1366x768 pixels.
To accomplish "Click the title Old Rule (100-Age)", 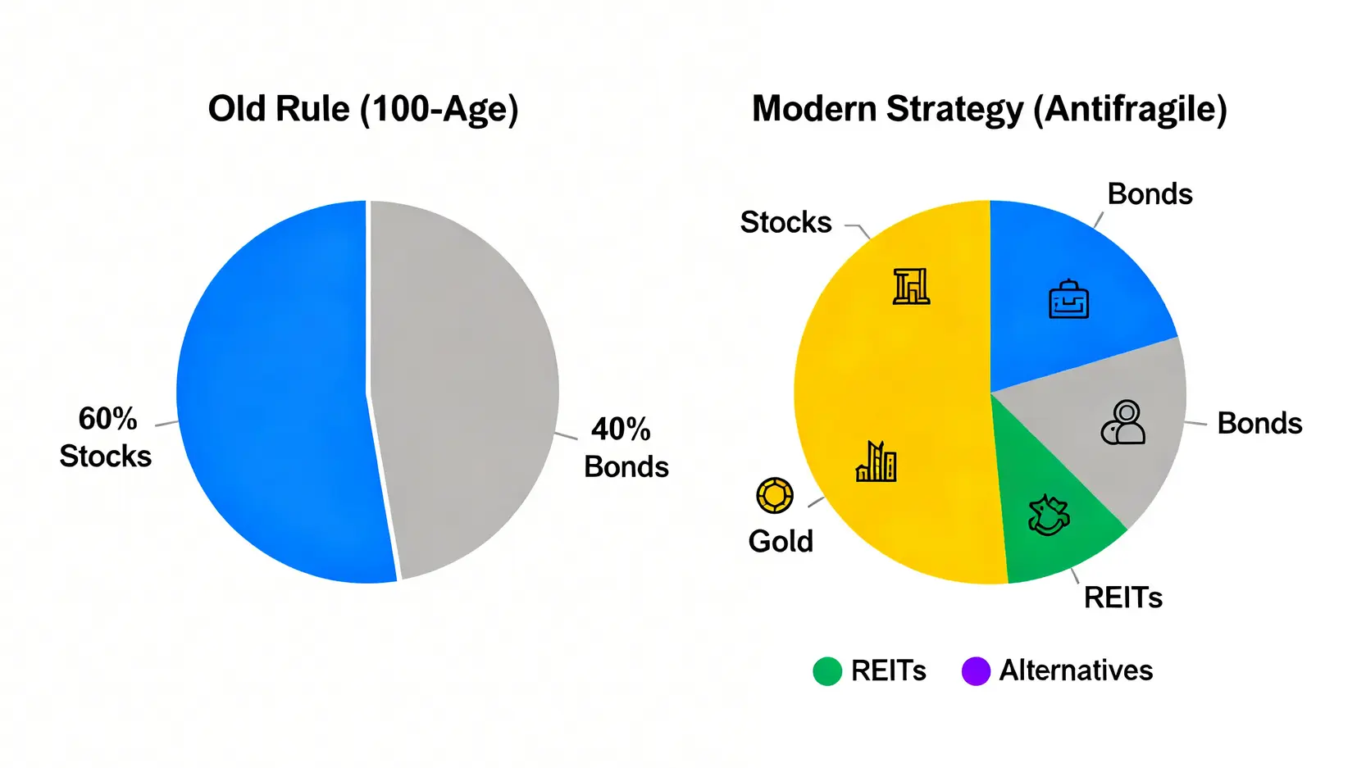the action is point(363,110).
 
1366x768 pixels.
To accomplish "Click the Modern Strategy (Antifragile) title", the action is point(989,110).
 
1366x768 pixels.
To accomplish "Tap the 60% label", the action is point(108,420).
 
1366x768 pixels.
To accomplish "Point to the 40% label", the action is point(621,429).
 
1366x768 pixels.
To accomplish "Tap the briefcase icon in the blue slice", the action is point(1068,299).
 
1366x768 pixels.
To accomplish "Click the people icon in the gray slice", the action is point(1123,422).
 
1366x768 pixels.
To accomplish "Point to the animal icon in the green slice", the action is point(1049,516).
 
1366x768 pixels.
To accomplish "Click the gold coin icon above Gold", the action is point(775,495).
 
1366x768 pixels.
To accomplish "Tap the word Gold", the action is point(781,541).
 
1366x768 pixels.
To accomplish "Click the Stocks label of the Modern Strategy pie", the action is point(785,222).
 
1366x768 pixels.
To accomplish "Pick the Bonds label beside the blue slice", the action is point(1150,194).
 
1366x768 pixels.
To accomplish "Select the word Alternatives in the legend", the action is point(1076,670).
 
